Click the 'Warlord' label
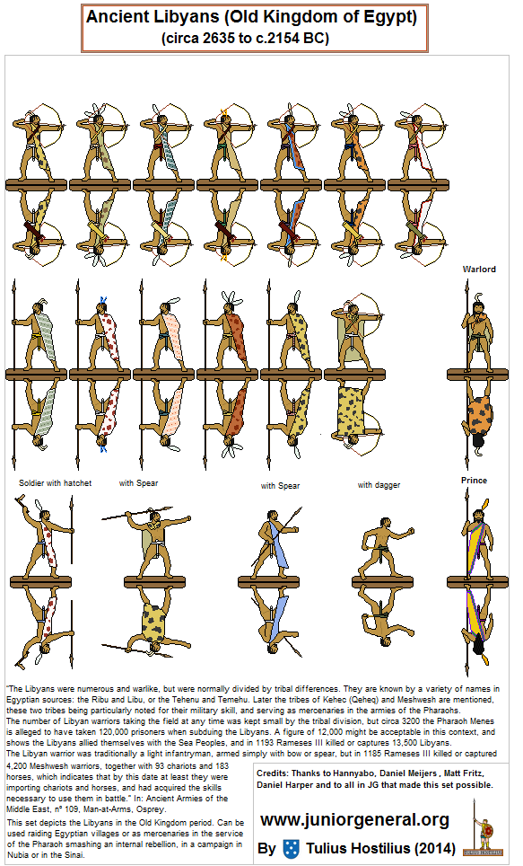479,269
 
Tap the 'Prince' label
474,480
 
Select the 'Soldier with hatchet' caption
55,482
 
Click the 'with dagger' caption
379,485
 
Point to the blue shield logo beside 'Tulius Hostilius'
291,848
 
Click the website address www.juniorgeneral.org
354,819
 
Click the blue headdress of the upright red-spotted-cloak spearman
102,302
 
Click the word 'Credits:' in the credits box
273,773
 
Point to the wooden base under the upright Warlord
478,375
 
